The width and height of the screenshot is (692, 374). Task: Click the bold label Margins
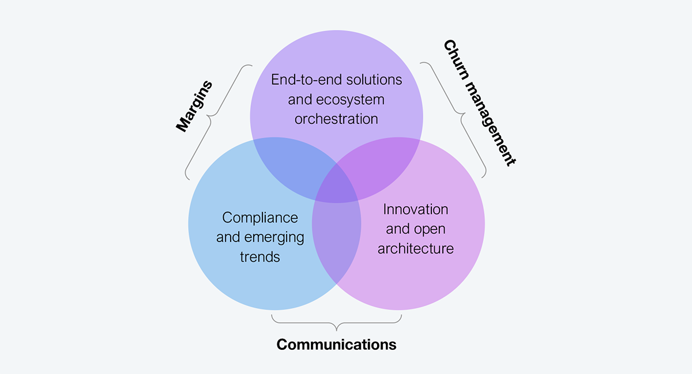(194, 106)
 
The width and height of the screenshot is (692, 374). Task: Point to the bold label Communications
(336, 345)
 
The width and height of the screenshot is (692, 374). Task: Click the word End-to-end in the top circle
(307, 80)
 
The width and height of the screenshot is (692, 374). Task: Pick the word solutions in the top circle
(374, 80)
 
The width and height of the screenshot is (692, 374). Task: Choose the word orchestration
(336, 119)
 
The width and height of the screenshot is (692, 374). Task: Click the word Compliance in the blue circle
(260, 218)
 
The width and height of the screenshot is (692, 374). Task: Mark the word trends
(260, 257)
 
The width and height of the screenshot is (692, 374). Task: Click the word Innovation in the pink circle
(416, 209)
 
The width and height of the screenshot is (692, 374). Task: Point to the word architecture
(416, 248)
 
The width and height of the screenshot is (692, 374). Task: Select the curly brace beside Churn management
(461, 114)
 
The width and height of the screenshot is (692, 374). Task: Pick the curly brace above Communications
(336, 323)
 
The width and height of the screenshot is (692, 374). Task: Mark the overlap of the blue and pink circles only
(336, 241)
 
